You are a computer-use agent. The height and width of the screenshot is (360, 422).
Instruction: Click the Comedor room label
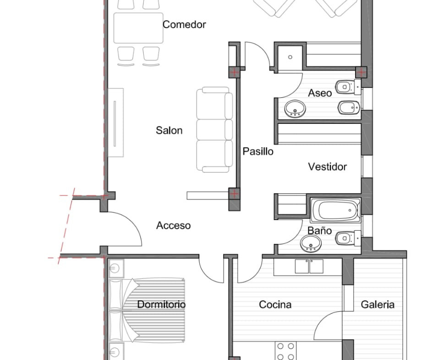[x=184, y=24]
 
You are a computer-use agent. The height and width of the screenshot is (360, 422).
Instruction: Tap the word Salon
[x=169, y=130]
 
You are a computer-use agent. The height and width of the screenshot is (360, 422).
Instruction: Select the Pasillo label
[x=258, y=151]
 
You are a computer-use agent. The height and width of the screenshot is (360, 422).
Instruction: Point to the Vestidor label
[x=327, y=167]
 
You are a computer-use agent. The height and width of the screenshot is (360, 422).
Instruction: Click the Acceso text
[x=174, y=226]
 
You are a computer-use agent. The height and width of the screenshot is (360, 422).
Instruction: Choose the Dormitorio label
[x=161, y=305]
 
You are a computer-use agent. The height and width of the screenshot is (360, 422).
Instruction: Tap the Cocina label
[x=275, y=305]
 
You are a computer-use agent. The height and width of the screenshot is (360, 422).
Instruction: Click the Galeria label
[x=378, y=305]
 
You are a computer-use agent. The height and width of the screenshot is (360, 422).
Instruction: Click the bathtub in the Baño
[x=335, y=210]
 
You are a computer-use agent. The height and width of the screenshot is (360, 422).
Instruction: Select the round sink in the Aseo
[x=295, y=109]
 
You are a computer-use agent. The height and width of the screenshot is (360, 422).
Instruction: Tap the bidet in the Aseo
[x=349, y=107]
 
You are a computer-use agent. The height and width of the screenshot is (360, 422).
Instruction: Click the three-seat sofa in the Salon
[x=214, y=130]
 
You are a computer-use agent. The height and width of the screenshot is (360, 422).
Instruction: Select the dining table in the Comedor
[x=138, y=28]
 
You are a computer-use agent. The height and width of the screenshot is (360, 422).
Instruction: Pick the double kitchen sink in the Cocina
[x=309, y=266]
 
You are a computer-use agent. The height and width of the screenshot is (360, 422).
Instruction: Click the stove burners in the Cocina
[x=285, y=351]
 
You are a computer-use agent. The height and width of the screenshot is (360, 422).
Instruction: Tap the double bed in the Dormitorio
[x=147, y=310]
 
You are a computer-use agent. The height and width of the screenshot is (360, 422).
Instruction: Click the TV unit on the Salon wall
[x=116, y=122]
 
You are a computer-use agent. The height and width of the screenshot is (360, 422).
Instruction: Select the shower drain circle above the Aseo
[x=290, y=57]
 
